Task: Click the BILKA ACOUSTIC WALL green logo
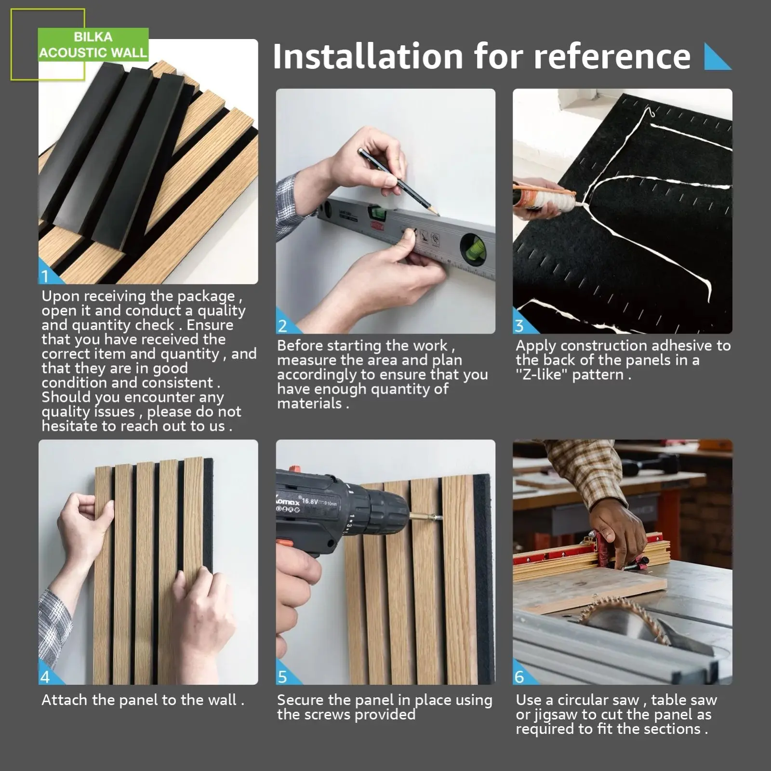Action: (x=93, y=44)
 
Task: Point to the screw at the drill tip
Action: (x=426, y=518)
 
